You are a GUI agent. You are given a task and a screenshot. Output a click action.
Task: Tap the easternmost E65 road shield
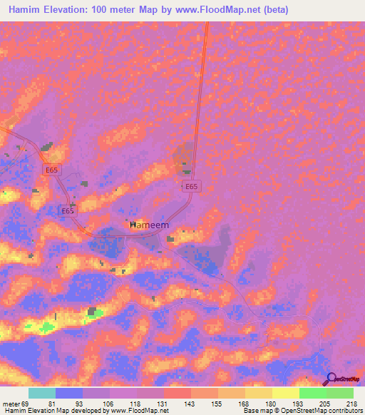pyautogui.click(x=190, y=186)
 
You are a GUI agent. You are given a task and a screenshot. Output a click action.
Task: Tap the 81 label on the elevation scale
pyautogui.click(x=51, y=404)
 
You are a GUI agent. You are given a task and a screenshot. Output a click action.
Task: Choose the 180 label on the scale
pyautogui.click(x=269, y=404)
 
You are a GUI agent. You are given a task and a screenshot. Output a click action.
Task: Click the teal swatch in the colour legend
pyautogui.click(x=42, y=393)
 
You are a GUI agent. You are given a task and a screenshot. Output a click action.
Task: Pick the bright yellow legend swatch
pyautogui.click(x=285, y=393)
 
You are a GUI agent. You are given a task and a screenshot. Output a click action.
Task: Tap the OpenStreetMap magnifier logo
pyautogui.click(x=330, y=379)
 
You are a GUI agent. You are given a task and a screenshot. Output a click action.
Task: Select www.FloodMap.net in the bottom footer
pyautogui.click(x=138, y=411)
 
